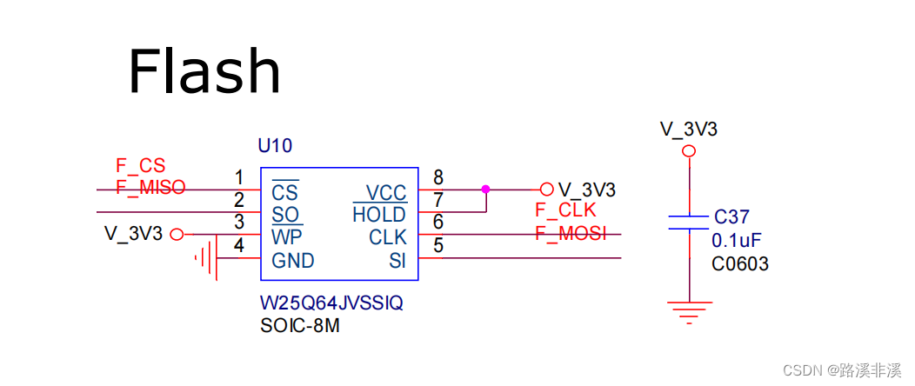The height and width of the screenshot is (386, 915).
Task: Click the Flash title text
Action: (204, 71)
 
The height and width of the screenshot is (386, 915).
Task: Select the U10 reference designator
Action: (275, 145)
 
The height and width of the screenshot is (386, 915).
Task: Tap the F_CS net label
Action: (140, 165)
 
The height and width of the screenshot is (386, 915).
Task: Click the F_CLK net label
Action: (565, 210)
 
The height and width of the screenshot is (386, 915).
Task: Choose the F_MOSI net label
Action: (570, 233)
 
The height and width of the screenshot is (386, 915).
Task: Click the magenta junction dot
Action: (485, 189)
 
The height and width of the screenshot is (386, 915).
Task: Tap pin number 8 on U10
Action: (438, 178)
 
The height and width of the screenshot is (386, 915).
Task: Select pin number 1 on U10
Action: (239, 178)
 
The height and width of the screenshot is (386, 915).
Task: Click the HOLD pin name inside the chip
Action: (379, 215)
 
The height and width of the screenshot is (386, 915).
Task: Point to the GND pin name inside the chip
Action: (292, 261)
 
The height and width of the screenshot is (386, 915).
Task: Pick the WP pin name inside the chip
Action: (287, 237)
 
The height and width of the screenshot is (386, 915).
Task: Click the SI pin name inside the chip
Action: (397, 261)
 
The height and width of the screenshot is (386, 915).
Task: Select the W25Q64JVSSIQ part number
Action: (331, 304)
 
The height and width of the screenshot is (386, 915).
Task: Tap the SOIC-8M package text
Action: (301, 327)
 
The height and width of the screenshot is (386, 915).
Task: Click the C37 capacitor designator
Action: (731, 217)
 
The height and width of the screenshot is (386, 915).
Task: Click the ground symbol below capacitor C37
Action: (689, 310)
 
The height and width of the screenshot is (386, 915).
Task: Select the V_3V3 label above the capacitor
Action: (689, 130)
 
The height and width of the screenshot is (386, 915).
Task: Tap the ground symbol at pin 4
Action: (206, 257)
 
